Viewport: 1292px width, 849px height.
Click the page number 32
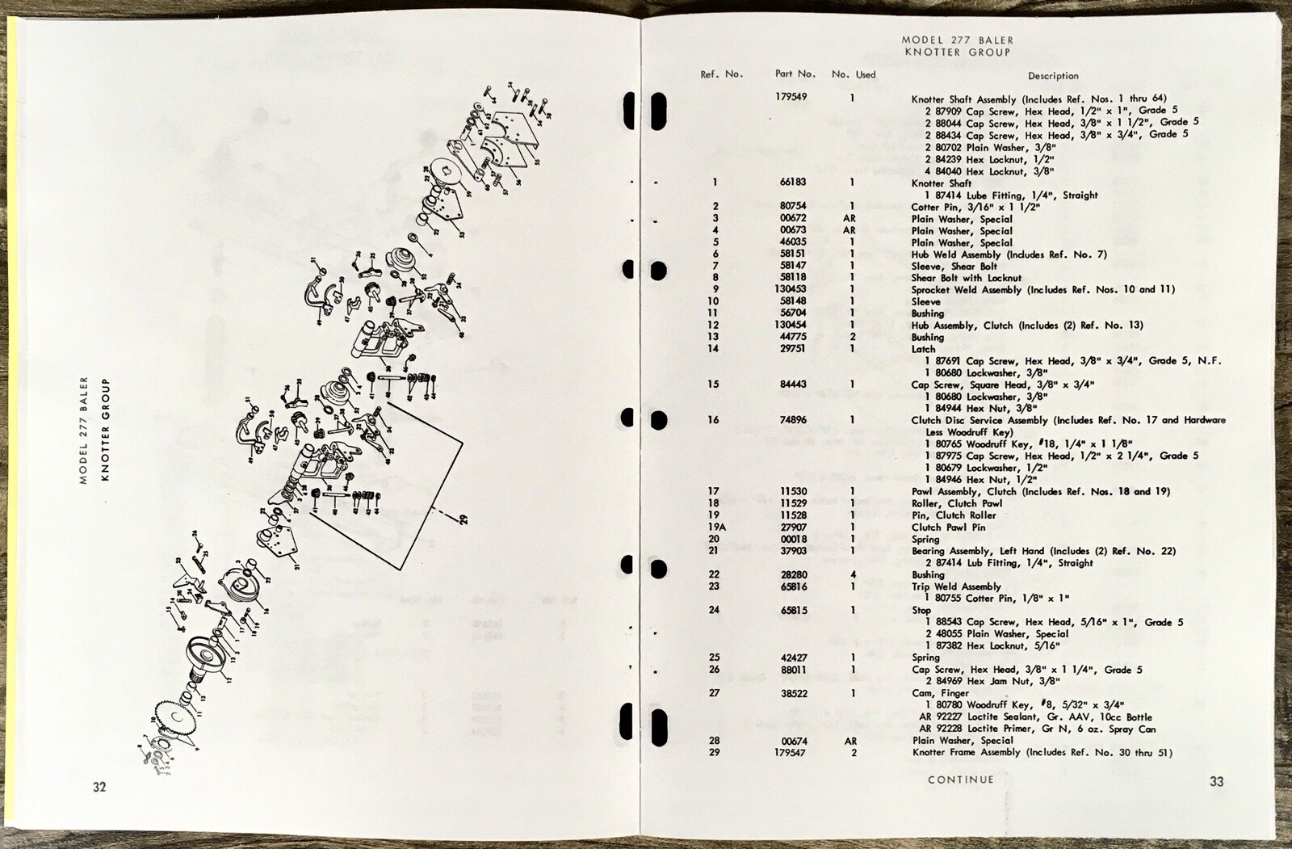tap(99, 788)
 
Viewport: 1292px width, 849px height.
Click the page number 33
tap(1217, 781)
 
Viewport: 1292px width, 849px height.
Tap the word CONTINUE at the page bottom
tap(960, 780)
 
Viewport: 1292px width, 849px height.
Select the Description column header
tap(1053, 76)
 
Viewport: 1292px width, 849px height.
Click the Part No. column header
tap(795, 74)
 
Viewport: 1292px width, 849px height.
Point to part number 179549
tap(791, 97)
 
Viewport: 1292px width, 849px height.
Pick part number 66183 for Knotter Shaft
tap(794, 183)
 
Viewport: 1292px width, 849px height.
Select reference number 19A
tap(713, 527)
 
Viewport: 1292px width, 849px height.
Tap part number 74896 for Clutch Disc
tap(794, 420)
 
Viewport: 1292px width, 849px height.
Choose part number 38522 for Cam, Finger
tap(794, 693)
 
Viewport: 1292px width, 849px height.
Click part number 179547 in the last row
tap(791, 753)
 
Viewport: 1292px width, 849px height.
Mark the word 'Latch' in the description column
tap(923, 349)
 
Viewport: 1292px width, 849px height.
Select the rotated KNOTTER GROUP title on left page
tap(106, 429)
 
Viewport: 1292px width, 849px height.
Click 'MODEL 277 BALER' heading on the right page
tap(957, 40)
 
